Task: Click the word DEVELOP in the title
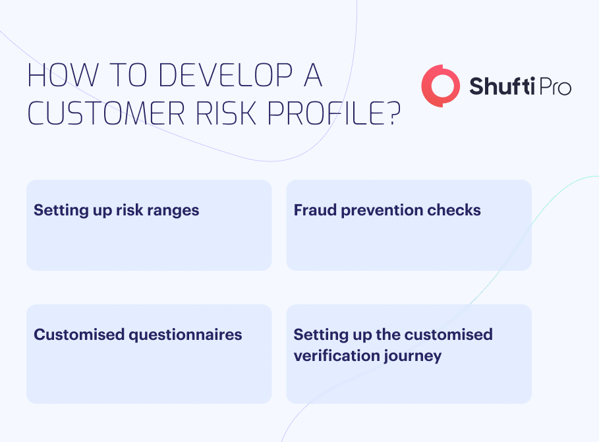click(225, 75)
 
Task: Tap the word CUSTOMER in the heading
click(106, 113)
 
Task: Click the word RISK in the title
click(225, 113)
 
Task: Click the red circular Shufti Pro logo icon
click(440, 86)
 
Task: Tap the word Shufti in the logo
click(501, 86)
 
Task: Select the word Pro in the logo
click(554, 87)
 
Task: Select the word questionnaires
click(185, 335)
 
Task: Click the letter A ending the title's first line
click(313, 75)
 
